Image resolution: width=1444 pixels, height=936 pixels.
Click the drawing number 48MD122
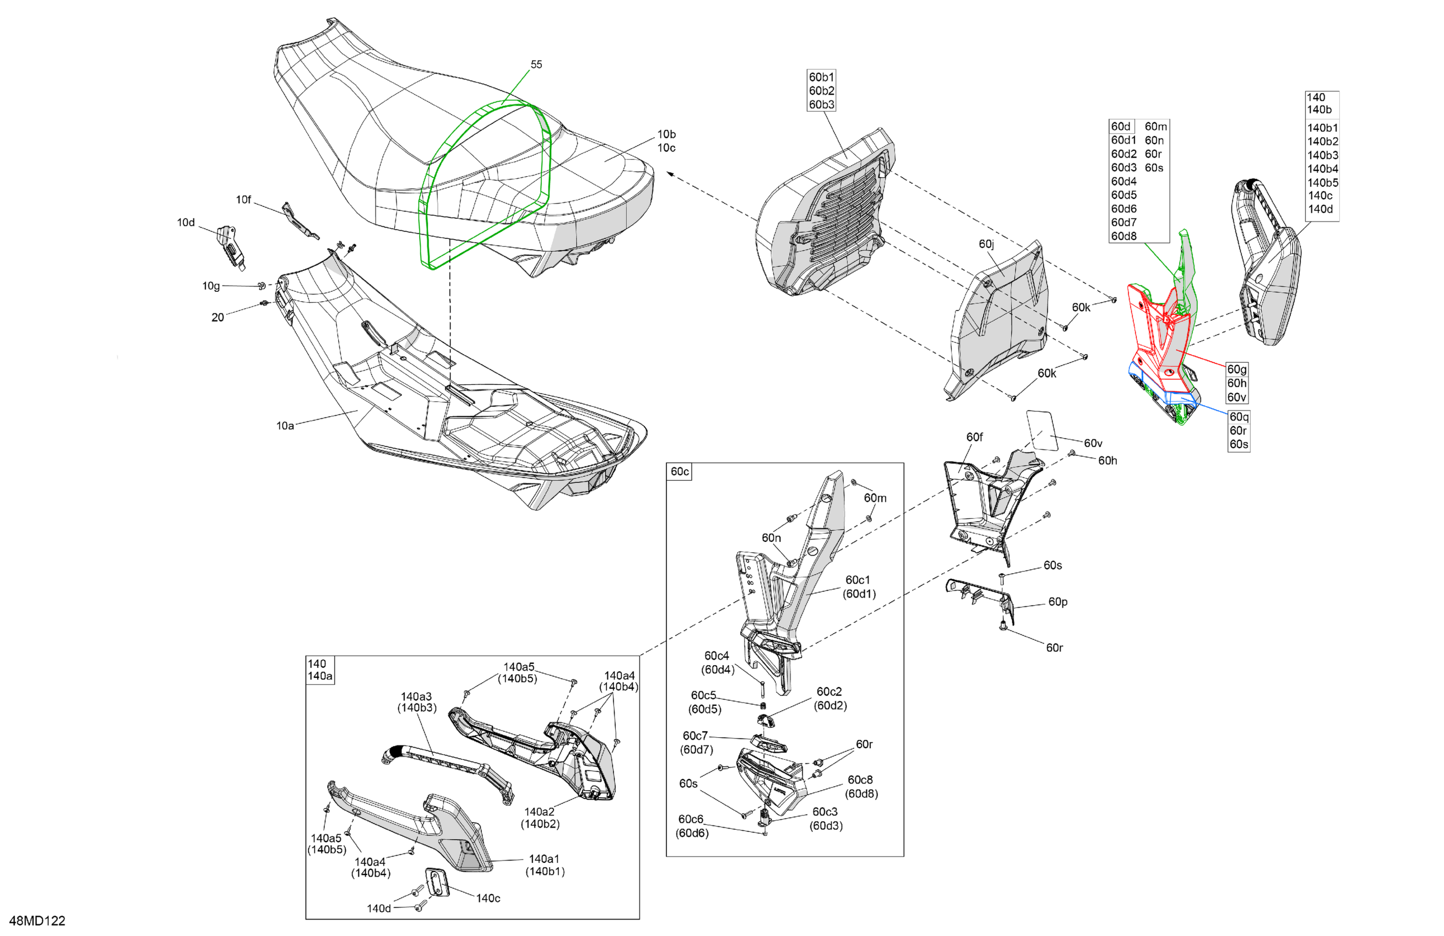coord(37,920)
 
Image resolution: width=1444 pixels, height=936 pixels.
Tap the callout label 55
coord(536,64)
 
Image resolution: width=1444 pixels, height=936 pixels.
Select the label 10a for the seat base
coord(285,426)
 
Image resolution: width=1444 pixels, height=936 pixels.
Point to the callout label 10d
coord(186,222)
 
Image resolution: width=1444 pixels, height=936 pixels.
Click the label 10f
coord(243,199)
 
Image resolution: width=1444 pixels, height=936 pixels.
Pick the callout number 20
coord(217,317)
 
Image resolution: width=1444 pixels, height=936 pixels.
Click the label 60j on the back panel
coord(986,244)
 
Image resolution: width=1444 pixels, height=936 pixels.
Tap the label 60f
coord(974,437)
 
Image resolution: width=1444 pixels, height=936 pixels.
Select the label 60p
coord(1057,602)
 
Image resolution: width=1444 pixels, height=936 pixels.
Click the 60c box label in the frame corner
coord(679,471)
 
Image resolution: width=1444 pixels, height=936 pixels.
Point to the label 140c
coord(488,898)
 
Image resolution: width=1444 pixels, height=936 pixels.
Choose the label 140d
coord(378,908)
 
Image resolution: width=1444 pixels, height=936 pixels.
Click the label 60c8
coord(860,780)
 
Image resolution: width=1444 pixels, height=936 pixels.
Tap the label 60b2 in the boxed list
coord(822,91)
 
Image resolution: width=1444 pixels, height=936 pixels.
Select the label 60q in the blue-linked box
coord(1239,417)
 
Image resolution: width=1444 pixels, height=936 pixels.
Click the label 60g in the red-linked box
coord(1236,369)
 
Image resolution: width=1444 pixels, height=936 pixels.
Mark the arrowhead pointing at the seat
coord(670,173)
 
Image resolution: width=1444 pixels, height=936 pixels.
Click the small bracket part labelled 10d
coord(231,245)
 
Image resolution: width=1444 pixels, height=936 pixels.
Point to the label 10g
coord(210,286)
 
